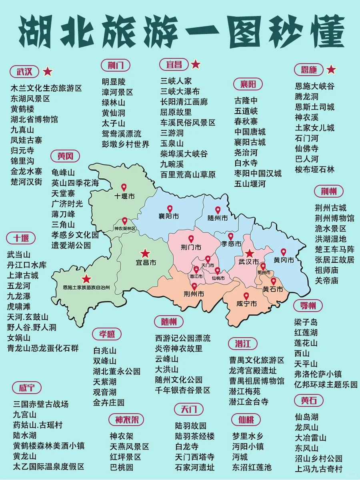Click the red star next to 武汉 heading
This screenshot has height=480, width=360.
coord(48,72)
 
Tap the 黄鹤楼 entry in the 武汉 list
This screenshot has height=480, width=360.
coord(22,109)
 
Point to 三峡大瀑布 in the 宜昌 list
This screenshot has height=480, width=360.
coord(180,92)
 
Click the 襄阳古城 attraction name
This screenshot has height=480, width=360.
coord(250,142)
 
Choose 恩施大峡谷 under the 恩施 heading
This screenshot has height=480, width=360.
coord(315,86)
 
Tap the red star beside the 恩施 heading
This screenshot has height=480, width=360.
coord(331,70)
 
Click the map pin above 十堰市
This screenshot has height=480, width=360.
coord(124,187)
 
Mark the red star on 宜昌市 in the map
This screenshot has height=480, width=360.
coord(145,253)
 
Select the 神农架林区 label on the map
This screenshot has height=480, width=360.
coord(125,229)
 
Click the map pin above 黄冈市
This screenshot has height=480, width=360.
coord(284,252)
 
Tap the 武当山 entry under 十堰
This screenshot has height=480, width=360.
coord(19,254)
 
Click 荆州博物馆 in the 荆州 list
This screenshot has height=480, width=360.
coord(335,218)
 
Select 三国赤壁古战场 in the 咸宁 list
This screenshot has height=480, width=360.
coord(41,404)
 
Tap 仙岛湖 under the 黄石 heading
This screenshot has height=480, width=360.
coord(307,417)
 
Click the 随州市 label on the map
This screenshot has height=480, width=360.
coord(218,218)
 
